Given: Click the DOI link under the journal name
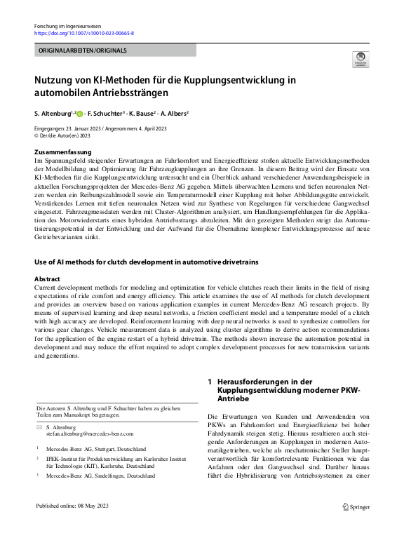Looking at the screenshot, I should [x=84, y=33].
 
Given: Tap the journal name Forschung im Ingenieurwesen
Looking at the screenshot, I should [x=68, y=25].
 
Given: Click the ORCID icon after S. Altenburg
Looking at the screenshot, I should [x=80, y=113].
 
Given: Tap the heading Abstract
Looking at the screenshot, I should [x=48, y=278].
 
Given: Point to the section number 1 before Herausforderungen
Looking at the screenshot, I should [x=210, y=381].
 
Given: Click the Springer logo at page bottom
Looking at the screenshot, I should [x=355, y=506].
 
